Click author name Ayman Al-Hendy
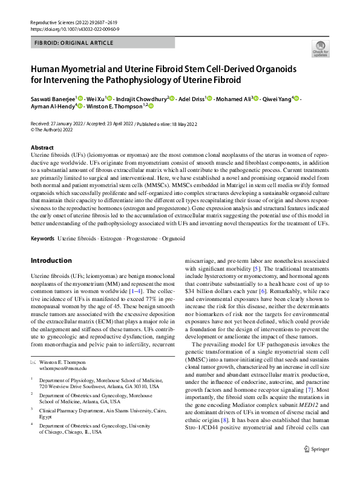pyautogui.click(x=51, y=106)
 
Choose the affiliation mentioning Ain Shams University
pyautogui.click(x=95, y=413)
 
